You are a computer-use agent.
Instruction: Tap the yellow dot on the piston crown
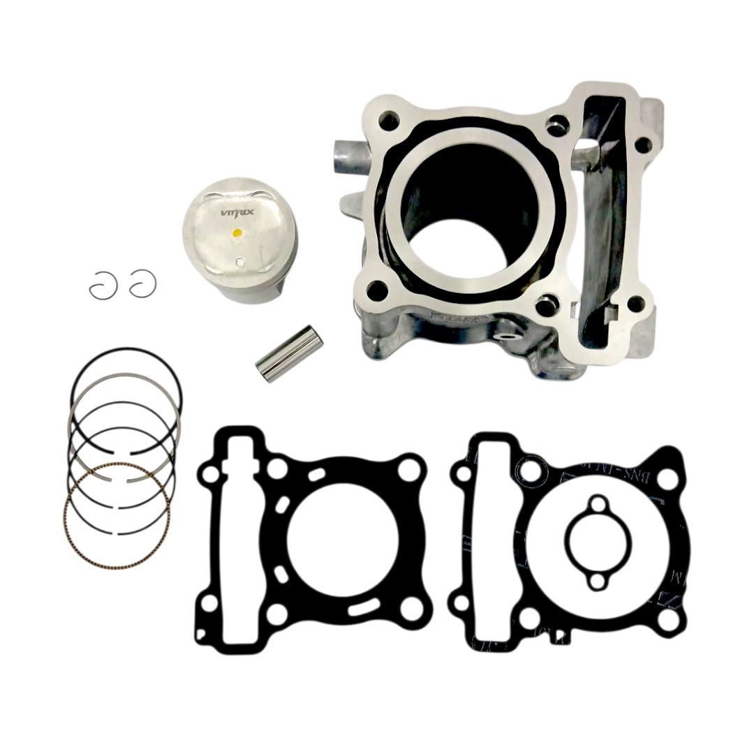pos(237,232)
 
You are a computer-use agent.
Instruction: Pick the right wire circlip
pos(142,282)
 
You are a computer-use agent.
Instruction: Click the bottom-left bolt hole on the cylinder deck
pos(377,287)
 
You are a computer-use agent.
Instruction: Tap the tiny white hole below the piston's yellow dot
pos(240,263)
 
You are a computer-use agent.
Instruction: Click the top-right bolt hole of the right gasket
pos(667,478)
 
